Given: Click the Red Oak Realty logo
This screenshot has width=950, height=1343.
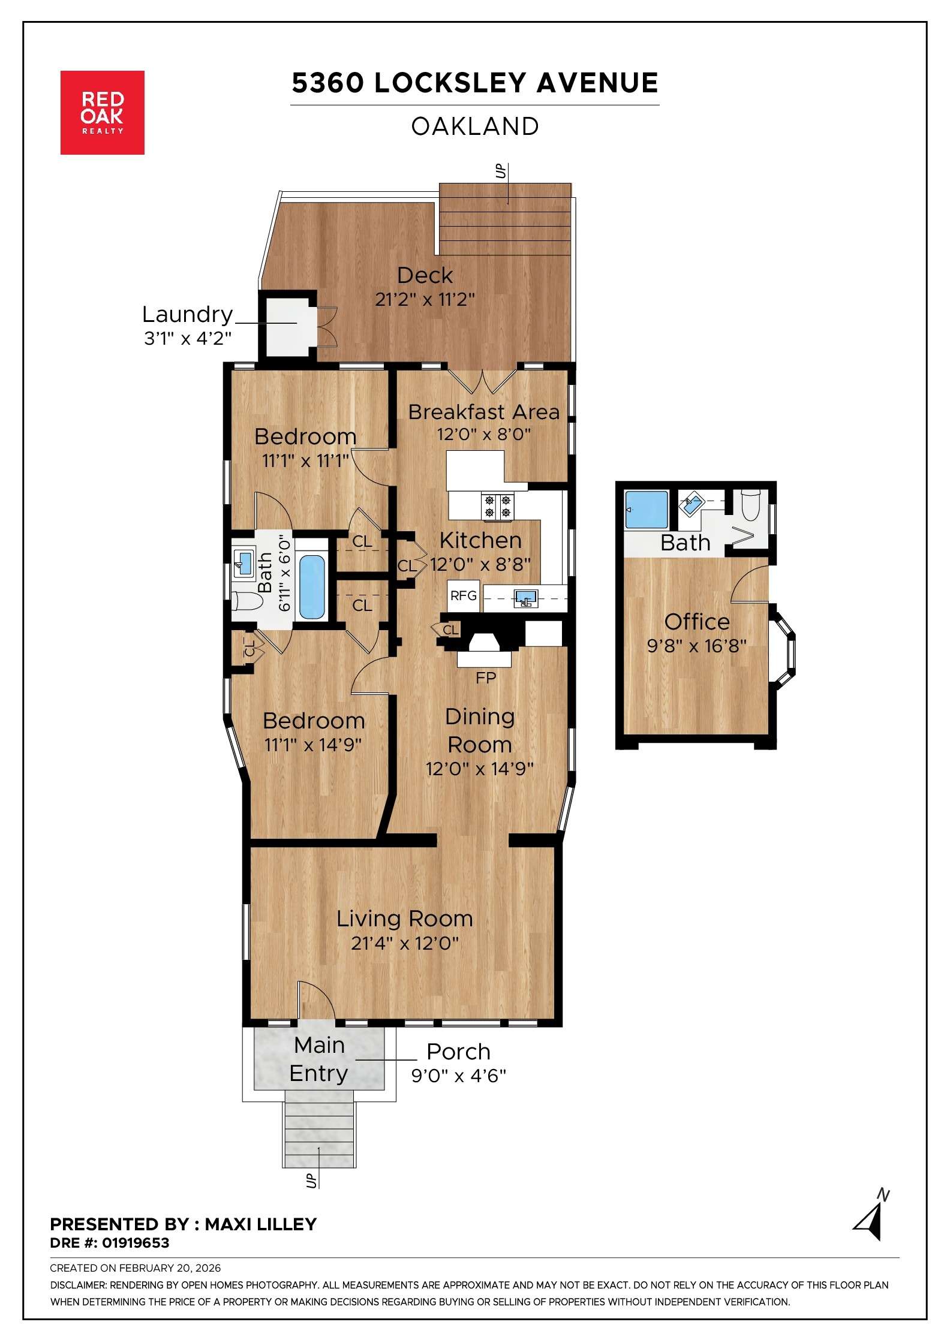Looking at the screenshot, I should click(x=102, y=113).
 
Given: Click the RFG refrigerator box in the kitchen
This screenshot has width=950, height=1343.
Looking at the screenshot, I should click(x=463, y=595).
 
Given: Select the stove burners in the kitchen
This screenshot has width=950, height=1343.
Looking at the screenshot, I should click(x=498, y=505).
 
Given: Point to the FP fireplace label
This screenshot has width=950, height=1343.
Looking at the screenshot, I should click(x=485, y=677).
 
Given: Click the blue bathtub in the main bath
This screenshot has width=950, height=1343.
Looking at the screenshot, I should click(x=311, y=587).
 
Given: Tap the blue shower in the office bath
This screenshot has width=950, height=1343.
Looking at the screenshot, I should click(x=646, y=510).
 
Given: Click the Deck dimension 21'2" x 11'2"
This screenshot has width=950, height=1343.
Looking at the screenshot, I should click(x=425, y=299).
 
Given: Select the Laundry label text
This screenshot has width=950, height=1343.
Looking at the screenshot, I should click(x=187, y=314).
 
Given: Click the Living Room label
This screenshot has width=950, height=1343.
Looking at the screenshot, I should click(x=404, y=919).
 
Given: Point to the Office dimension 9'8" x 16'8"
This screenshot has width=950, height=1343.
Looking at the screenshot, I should click(x=696, y=646).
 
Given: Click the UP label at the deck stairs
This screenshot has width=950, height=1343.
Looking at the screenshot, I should click(x=501, y=172).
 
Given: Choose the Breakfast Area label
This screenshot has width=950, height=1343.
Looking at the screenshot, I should click(x=483, y=412).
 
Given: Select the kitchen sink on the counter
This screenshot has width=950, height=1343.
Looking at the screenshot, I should click(x=525, y=598).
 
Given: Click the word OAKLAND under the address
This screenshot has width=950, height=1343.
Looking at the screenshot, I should click(x=475, y=127).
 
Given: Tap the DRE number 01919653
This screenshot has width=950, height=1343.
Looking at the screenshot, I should click(x=136, y=1243).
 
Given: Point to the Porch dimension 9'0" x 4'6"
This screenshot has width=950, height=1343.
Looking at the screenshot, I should click(x=458, y=1076).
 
